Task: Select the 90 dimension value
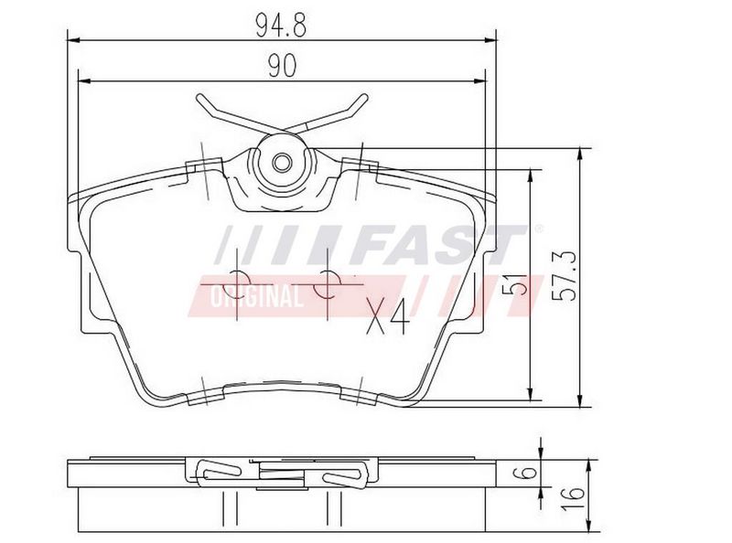282,66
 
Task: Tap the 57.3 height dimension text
564,276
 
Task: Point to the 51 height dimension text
514,285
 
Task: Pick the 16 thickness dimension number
573,498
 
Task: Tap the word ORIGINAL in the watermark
256,296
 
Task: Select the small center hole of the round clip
282,163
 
